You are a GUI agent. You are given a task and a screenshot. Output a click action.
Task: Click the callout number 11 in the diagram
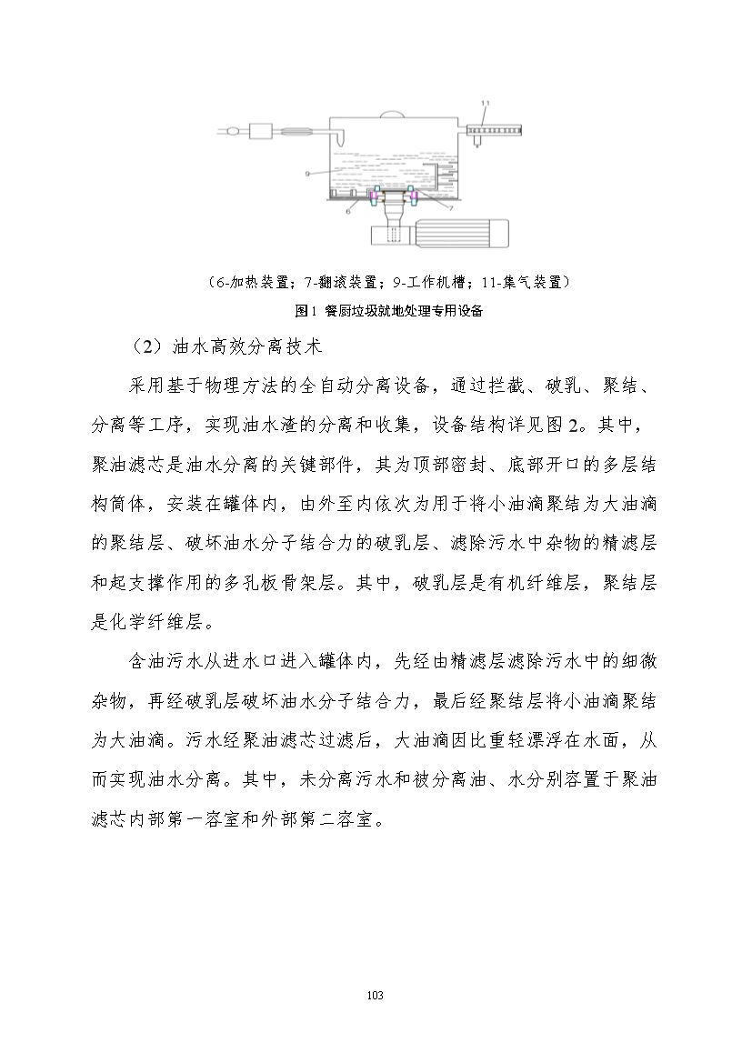click(x=486, y=102)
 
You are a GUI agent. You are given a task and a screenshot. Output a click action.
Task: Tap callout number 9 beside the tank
click(x=309, y=172)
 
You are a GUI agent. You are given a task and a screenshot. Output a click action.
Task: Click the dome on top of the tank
click(x=392, y=113)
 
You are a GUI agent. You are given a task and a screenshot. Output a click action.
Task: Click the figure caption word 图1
click(x=305, y=311)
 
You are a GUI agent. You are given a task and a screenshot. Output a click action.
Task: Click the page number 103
click(x=376, y=996)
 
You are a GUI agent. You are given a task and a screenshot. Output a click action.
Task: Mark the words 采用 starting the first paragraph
click(x=143, y=386)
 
